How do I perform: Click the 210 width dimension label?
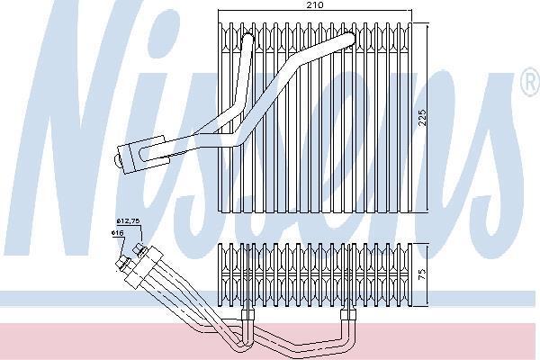[315, 4]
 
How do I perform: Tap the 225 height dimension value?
[422, 118]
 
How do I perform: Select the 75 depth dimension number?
[423, 274]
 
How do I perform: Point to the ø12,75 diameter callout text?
[128, 220]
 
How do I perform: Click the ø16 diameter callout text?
[117, 233]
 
